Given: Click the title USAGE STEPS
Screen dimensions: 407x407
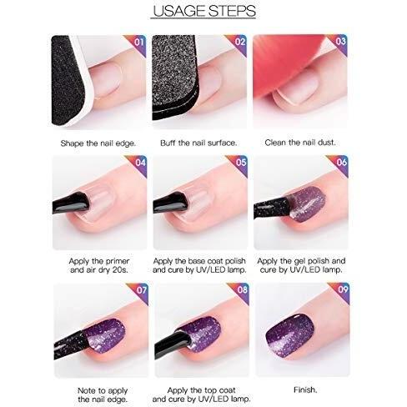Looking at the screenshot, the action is [x=204, y=11].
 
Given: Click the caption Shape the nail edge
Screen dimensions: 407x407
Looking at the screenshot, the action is [x=98, y=143].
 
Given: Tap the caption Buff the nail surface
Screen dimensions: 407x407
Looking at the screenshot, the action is [x=198, y=143].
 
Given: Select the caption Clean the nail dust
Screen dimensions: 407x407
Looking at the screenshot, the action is [x=300, y=143].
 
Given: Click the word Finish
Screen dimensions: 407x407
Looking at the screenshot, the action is [x=305, y=389].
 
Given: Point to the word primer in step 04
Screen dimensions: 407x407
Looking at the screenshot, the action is [x=117, y=261].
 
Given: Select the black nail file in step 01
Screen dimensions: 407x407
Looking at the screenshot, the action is [x=68, y=80].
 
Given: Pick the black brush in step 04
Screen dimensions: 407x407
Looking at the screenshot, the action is [x=71, y=203].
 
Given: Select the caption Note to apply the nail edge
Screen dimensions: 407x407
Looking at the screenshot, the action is [x=103, y=395].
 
